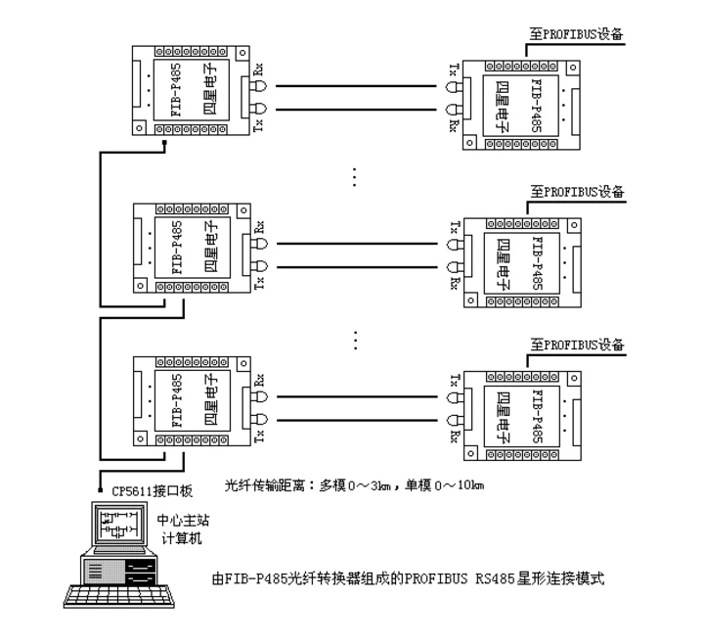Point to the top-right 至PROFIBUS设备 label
coord(576,33)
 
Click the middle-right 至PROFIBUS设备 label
coord(576,190)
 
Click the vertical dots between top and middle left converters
coord(354,176)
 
